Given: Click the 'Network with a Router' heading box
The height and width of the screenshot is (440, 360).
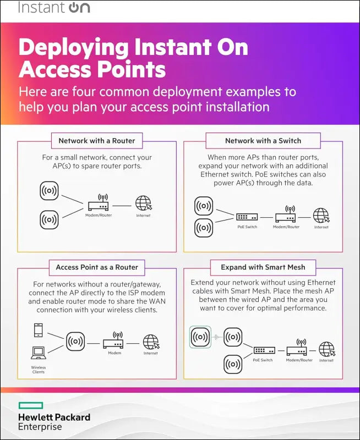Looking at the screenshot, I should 97,141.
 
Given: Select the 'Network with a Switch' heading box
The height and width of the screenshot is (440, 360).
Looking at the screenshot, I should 263,141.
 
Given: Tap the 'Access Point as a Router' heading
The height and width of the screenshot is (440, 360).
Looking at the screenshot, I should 97,267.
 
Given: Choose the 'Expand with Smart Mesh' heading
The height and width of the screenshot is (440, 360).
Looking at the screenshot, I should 263,267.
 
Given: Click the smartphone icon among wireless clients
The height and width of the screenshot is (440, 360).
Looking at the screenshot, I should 39,331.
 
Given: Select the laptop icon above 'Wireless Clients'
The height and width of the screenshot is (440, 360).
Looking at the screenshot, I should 39,352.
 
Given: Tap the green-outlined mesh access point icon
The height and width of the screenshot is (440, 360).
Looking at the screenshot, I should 200,336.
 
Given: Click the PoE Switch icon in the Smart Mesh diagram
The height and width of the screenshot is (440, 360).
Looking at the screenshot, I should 263,350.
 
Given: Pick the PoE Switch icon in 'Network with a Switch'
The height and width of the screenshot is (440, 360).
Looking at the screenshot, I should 247,217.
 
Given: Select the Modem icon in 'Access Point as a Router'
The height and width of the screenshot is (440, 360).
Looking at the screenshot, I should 114,342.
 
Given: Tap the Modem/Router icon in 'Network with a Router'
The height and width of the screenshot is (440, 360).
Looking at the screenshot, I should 99,205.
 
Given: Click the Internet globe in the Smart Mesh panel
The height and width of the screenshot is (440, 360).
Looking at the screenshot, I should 327,349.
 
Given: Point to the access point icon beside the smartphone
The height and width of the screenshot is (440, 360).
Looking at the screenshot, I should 75,342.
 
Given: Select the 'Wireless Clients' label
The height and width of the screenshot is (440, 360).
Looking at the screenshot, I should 39,370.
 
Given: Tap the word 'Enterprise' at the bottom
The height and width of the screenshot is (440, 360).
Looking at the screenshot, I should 40,427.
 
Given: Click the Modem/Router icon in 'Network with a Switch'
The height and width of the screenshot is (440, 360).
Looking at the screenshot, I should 286,216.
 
